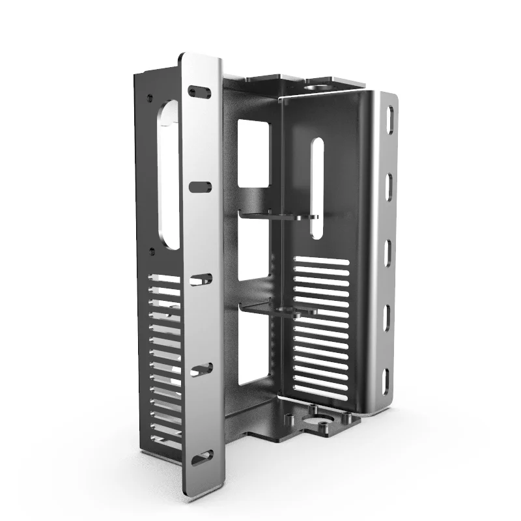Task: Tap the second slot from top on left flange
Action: pyautogui.click(x=200, y=187)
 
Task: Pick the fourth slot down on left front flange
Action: pyautogui.click(x=200, y=369)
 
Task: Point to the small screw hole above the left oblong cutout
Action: pyautogui.click(x=150, y=98)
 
